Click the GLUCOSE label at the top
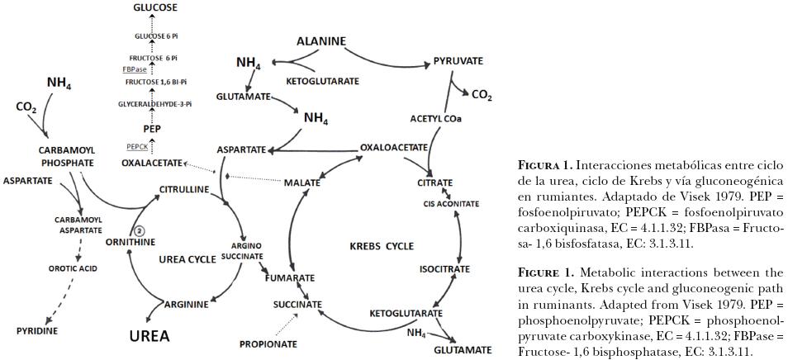(x=155, y=7)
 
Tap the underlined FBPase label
(x=135, y=69)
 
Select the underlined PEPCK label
(x=137, y=146)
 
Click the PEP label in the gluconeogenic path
(x=152, y=129)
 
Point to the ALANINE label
(x=320, y=41)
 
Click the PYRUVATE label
(x=458, y=61)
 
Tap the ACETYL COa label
(x=435, y=118)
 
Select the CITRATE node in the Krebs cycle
(x=434, y=182)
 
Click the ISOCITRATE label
(x=444, y=269)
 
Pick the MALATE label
(x=301, y=182)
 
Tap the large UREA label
(x=150, y=336)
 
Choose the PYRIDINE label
(x=37, y=330)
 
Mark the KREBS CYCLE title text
(x=382, y=246)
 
